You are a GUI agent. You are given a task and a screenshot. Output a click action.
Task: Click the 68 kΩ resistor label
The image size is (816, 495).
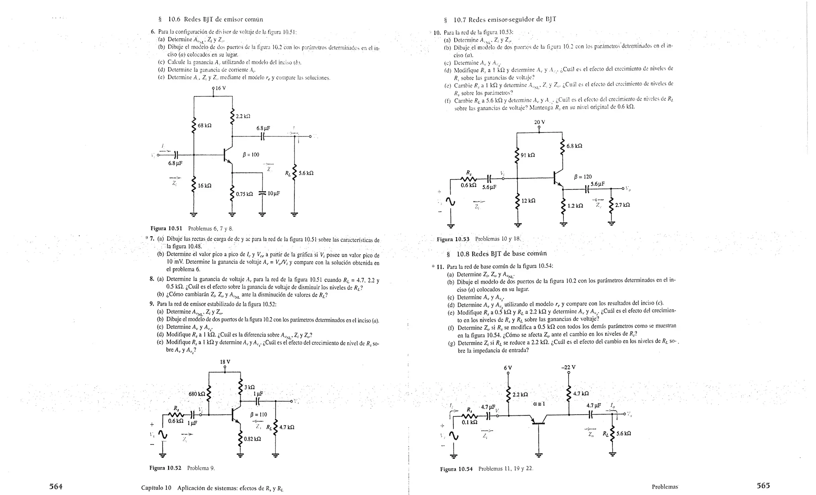click(205, 125)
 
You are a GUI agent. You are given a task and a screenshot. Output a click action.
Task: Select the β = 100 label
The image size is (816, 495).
click(251, 154)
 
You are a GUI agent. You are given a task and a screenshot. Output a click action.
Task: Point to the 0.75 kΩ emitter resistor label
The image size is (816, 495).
click(244, 194)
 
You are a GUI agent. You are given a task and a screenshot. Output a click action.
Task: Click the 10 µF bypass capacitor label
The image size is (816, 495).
click(274, 193)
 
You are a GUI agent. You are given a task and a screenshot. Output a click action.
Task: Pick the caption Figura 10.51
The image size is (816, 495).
click(166, 228)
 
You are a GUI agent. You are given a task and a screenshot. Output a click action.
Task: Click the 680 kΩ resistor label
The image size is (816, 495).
click(197, 394)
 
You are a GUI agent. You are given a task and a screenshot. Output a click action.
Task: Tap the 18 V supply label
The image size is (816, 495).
click(225, 362)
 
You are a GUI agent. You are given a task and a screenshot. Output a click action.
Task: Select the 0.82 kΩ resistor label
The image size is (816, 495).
click(253, 439)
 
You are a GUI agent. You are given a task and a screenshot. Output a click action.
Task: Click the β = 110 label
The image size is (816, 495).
click(258, 414)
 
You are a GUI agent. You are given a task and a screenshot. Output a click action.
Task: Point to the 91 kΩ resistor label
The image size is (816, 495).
click(528, 155)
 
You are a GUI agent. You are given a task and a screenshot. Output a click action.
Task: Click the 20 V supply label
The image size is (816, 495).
click(539, 122)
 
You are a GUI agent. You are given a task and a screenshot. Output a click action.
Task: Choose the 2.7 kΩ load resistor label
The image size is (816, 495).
click(622, 205)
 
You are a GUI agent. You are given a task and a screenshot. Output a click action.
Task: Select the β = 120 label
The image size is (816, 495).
click(583, 177)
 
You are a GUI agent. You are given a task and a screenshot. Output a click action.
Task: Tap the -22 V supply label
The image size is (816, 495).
click(568, 367)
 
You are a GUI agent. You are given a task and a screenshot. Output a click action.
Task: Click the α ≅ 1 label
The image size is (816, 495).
click(539, 403)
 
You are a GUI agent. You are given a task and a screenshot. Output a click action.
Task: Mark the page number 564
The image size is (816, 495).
click(55, 486)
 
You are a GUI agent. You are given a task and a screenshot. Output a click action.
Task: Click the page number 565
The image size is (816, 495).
click(763, 485)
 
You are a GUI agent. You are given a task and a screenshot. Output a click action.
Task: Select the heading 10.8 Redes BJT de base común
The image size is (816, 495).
click(501, 253)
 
